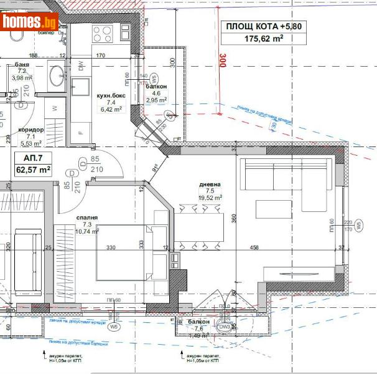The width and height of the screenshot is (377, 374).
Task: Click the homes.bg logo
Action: point(29,21)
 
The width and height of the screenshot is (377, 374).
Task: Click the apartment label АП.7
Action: point(32,157)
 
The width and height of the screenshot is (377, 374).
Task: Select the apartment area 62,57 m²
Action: point(33,169)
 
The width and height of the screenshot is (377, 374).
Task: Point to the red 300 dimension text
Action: point(221,61)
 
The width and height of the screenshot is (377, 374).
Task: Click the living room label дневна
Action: point(210,185)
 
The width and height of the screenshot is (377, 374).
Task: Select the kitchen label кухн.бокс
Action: point(111,96)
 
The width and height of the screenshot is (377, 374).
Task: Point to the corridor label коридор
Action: point(32,130)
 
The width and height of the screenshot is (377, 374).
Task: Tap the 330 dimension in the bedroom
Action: point(111,248)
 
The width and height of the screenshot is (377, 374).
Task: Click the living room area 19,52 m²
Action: point(210,198)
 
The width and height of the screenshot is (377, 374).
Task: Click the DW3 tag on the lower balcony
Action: point(224,326)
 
